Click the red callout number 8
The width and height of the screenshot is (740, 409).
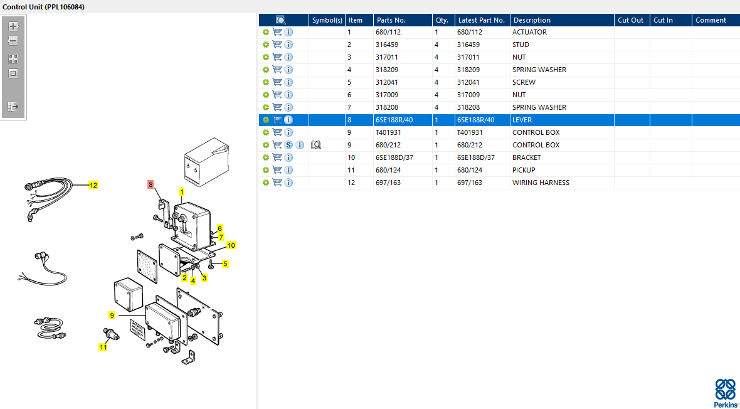coord(151,184)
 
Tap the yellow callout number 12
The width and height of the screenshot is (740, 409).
coord(93,185)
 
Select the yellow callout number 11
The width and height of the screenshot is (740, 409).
coord(103,347)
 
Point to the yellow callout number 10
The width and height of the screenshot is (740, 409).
coord(231,245)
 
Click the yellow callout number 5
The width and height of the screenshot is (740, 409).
coord(226,263)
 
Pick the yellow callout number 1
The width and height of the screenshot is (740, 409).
coord(181,192)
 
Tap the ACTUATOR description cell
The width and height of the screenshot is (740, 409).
coord(529,32)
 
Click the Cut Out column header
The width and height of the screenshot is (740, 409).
coord(630,20)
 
